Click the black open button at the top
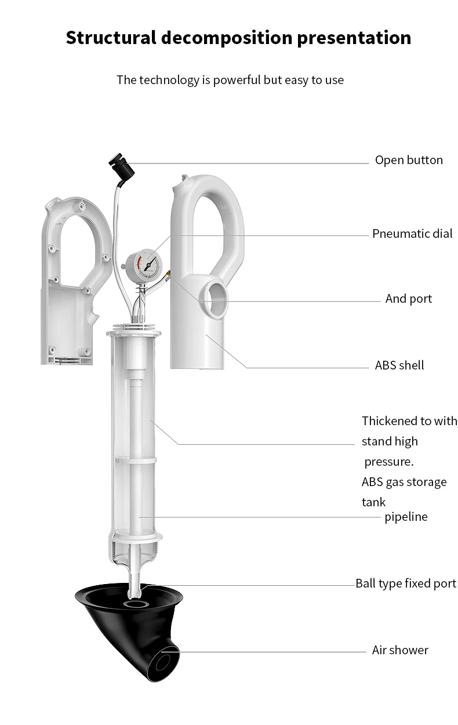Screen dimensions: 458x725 click(122, 168)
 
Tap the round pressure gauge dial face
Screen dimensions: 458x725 click(147, 264)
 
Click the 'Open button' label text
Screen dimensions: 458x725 click(409, 160)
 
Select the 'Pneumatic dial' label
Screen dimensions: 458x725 click(412, 234)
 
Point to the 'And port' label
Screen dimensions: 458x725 click(409, 299)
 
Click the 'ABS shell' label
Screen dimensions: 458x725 click(399, 365)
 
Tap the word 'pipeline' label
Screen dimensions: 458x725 click(406, 517)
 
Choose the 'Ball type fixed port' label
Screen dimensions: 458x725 click(406, 583)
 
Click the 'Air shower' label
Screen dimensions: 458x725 click(400, 650)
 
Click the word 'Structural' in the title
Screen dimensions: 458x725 click(111, 38)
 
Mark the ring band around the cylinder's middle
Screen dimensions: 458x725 click(136, 459)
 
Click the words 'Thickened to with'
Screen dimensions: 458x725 click(409, 421)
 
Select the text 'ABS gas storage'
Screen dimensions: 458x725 click(404, 482)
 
